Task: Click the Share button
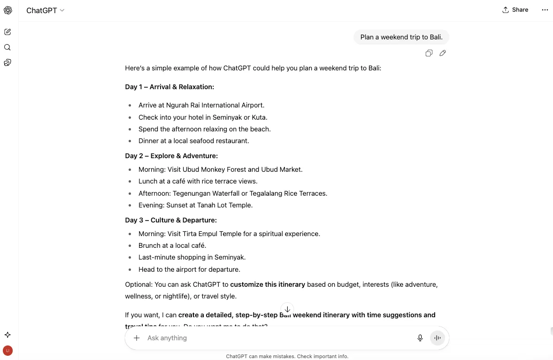point(515,10)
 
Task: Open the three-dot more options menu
point(545,10)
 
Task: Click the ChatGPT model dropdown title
point(45,10)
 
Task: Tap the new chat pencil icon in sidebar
point(8,32)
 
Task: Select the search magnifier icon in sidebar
point(8,47)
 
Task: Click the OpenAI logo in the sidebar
point(8,10)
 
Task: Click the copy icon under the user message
point(429,53)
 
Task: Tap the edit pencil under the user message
point(443,53)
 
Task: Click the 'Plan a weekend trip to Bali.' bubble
point(401,37)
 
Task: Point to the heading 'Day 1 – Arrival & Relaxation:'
point(169,87)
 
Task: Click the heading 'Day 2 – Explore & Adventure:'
point(171,156)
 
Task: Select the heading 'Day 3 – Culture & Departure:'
point(171,220)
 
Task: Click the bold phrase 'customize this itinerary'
point(268,284)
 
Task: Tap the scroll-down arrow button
point(287,309)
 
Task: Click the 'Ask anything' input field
point(272,338)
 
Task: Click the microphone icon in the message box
point(420,338)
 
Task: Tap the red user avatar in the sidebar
point(8,350)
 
